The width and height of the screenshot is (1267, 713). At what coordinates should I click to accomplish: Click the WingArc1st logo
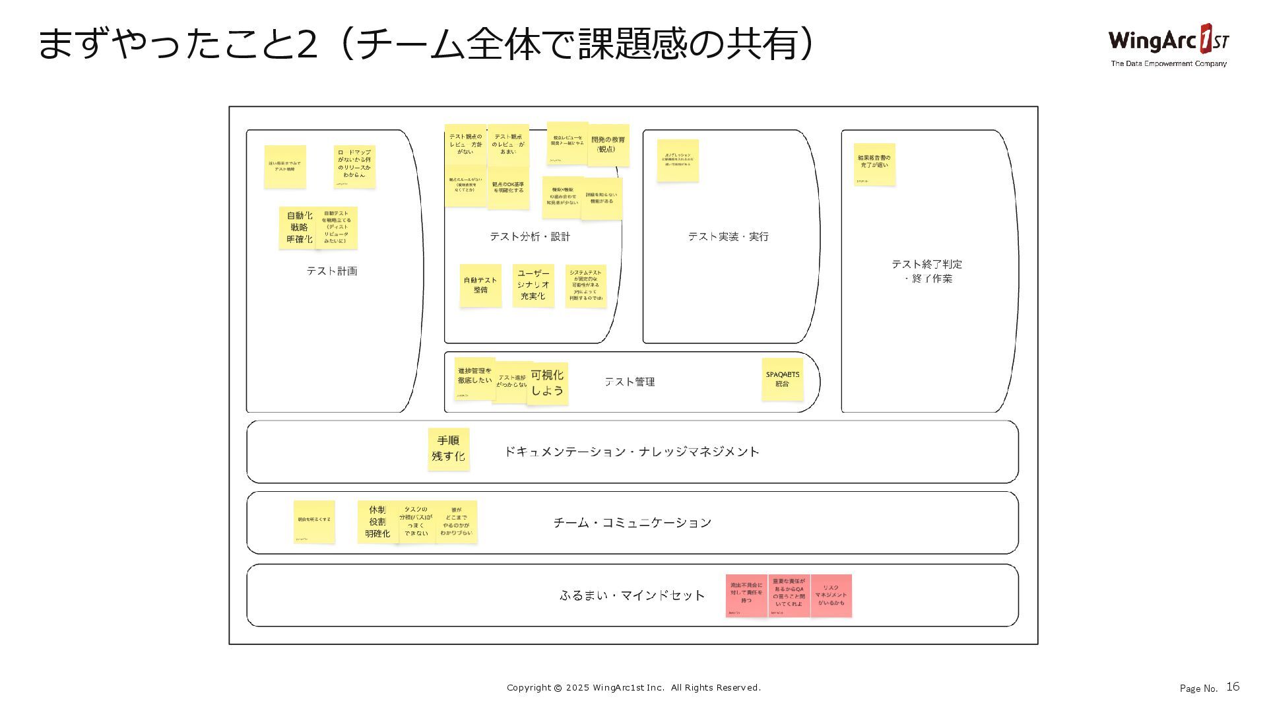(1168, 45)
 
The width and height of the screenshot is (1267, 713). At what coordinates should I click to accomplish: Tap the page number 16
(1233, 687)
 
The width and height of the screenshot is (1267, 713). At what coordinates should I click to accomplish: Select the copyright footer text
(633, 687)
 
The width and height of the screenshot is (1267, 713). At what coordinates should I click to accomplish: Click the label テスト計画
(331, 271)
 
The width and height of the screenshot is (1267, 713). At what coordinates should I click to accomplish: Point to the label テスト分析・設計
(529, 236)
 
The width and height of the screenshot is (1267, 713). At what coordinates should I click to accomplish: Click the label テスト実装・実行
(728, 236)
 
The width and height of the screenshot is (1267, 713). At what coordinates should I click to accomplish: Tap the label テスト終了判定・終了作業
(927, 271)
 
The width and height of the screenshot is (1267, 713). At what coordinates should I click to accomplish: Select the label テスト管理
(630, 382)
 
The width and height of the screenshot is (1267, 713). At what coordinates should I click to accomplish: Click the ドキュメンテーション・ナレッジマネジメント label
(632, 452)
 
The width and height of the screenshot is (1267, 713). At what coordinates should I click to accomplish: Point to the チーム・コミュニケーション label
(632, 523)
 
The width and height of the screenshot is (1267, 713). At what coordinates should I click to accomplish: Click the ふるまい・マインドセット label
(632, 595)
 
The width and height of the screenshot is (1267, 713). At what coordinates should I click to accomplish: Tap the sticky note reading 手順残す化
(448, 449)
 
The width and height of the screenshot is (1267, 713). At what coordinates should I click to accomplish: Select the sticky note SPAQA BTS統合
(782, 379)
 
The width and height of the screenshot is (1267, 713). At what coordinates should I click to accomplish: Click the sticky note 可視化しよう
(548, 383)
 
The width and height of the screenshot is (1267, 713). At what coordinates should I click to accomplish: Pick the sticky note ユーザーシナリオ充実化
(533, 285)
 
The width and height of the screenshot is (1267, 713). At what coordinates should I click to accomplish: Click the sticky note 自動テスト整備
(480, 285)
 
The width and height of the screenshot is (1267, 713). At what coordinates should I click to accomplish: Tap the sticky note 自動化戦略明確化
(298, 227)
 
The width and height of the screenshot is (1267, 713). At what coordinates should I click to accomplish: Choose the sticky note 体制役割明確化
(377, 522)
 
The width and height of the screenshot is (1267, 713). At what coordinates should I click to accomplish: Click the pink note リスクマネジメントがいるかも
(831, 595)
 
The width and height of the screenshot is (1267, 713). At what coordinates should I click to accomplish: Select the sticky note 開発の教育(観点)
(608, 145)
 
